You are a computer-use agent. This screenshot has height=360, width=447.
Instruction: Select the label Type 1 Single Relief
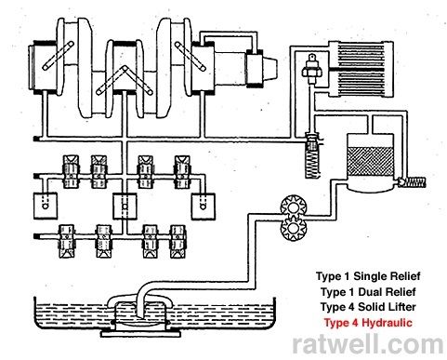click(x=368, y=276)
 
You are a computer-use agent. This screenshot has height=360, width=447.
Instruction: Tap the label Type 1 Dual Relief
click(x=368, y=292)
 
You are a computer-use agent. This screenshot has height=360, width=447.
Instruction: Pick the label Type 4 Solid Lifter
click(x=368, y=307)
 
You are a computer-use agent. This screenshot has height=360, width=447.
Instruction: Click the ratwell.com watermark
click(x=368, y=344)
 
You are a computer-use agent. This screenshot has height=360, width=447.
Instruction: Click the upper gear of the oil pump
click(x=294, y=207)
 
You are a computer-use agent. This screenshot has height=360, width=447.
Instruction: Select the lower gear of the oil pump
click(x=294, y=230)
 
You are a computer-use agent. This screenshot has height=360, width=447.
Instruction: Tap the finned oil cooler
click(x=361, y=70)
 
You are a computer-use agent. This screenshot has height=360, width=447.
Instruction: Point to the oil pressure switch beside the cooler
click(x=312, y=70)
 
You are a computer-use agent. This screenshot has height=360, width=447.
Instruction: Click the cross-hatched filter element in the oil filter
click(x=371, y=161)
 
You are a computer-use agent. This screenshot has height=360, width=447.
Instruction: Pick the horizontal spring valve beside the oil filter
click(x=411, y=182)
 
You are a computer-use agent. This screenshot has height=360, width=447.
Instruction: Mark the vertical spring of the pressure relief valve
click(x=312, y=165)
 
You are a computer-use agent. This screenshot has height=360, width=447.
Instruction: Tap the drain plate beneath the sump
click(x=141, y=334)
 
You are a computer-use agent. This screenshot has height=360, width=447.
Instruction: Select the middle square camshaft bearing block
click(x=125, y=207)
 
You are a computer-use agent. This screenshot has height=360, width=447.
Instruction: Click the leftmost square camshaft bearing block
click(x=46, y=207)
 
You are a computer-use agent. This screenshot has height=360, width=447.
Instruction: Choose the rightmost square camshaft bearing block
click(x=204, y=207)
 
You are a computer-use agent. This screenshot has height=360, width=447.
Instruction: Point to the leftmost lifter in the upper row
click(x=71, y=172)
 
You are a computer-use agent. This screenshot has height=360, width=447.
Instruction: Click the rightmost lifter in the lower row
click(x=177, y=242)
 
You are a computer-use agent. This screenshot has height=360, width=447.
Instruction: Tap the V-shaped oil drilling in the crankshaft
click(x=125, y=80)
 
